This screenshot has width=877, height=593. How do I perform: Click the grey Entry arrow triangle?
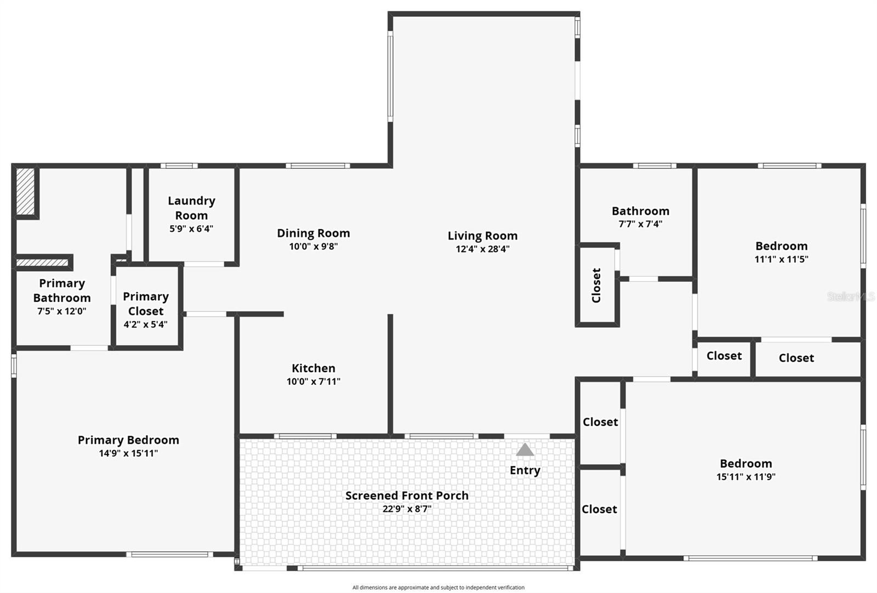pyautogui.click(x=525, y=450)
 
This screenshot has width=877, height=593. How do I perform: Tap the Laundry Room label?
pyautogui.click(x=191, y=208)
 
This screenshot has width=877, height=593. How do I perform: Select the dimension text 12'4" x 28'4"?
pyautogui.click(x=482, y=249)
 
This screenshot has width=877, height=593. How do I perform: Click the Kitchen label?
pyautogui.click(x=314, y=368)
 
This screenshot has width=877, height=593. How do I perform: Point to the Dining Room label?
pyautogui.click(x=314, y=233)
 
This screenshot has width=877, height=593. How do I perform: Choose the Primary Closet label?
pyautogui.click(x=146, y=304)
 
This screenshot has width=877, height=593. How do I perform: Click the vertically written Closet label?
pyautogui.click(x=596, y=285)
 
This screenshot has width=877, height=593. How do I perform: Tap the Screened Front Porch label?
pyautogui.click(x=407, y=495)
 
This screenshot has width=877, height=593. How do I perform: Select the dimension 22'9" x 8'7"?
pyautogui.click(x=407, y=509)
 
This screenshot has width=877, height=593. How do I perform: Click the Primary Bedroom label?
pyautogui.click(x=128, y=440)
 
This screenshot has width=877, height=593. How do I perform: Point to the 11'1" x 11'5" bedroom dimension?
pyautogui.click(x=781, y=259)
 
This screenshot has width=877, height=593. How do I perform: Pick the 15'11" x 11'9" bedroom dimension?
pyautogui.click(x=745, y=477)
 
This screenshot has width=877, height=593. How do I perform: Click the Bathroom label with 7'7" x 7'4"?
pyautogui.click(x=640, y=211)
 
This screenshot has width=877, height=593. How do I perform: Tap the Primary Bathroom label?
pyautogui.click(x=62, y=290)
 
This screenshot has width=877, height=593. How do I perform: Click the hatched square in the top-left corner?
pyautogui.click(x=25, y=191)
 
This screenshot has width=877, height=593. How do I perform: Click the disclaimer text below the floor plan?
pyautogui.click(x=438, y=588)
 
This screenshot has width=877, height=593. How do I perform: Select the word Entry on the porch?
pyautogui.click(x=525, y=470)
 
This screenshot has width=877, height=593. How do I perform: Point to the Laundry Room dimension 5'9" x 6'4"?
pyautogui.click(x=191, y=229)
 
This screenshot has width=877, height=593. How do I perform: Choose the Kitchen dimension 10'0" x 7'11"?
pyautogui.click(x=314, y=381)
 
